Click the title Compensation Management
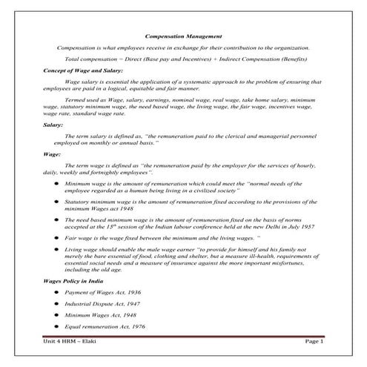(x=182, y=35)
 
